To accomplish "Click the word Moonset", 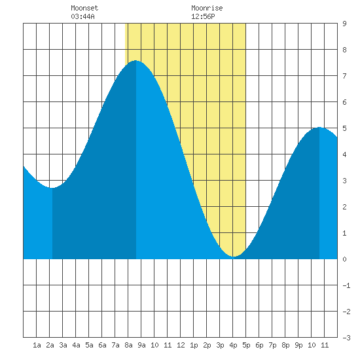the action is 84,8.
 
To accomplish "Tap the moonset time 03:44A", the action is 82,16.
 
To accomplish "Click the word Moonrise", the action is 207,8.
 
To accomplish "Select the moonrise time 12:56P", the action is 203,16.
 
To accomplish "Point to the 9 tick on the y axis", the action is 344,24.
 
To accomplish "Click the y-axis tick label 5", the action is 344,128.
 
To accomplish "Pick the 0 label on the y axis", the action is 344,259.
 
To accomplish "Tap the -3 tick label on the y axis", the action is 346,338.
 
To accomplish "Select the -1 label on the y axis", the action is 346,285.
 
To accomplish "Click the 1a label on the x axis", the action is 37,345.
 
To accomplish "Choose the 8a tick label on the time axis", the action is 128,345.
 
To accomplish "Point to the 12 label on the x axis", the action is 181,345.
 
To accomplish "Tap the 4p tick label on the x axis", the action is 233,345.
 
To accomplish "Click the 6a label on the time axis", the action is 102,345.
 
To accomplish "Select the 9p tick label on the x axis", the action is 298,345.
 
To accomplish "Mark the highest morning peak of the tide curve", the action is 135,61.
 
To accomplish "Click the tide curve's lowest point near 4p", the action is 233,256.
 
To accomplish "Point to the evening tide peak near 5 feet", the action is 319,127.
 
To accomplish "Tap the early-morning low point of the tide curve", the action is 52,188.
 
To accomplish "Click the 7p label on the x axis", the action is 272,345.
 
